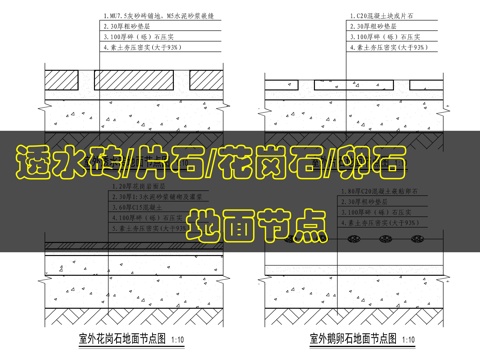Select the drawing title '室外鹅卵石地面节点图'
tap(346, 338)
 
